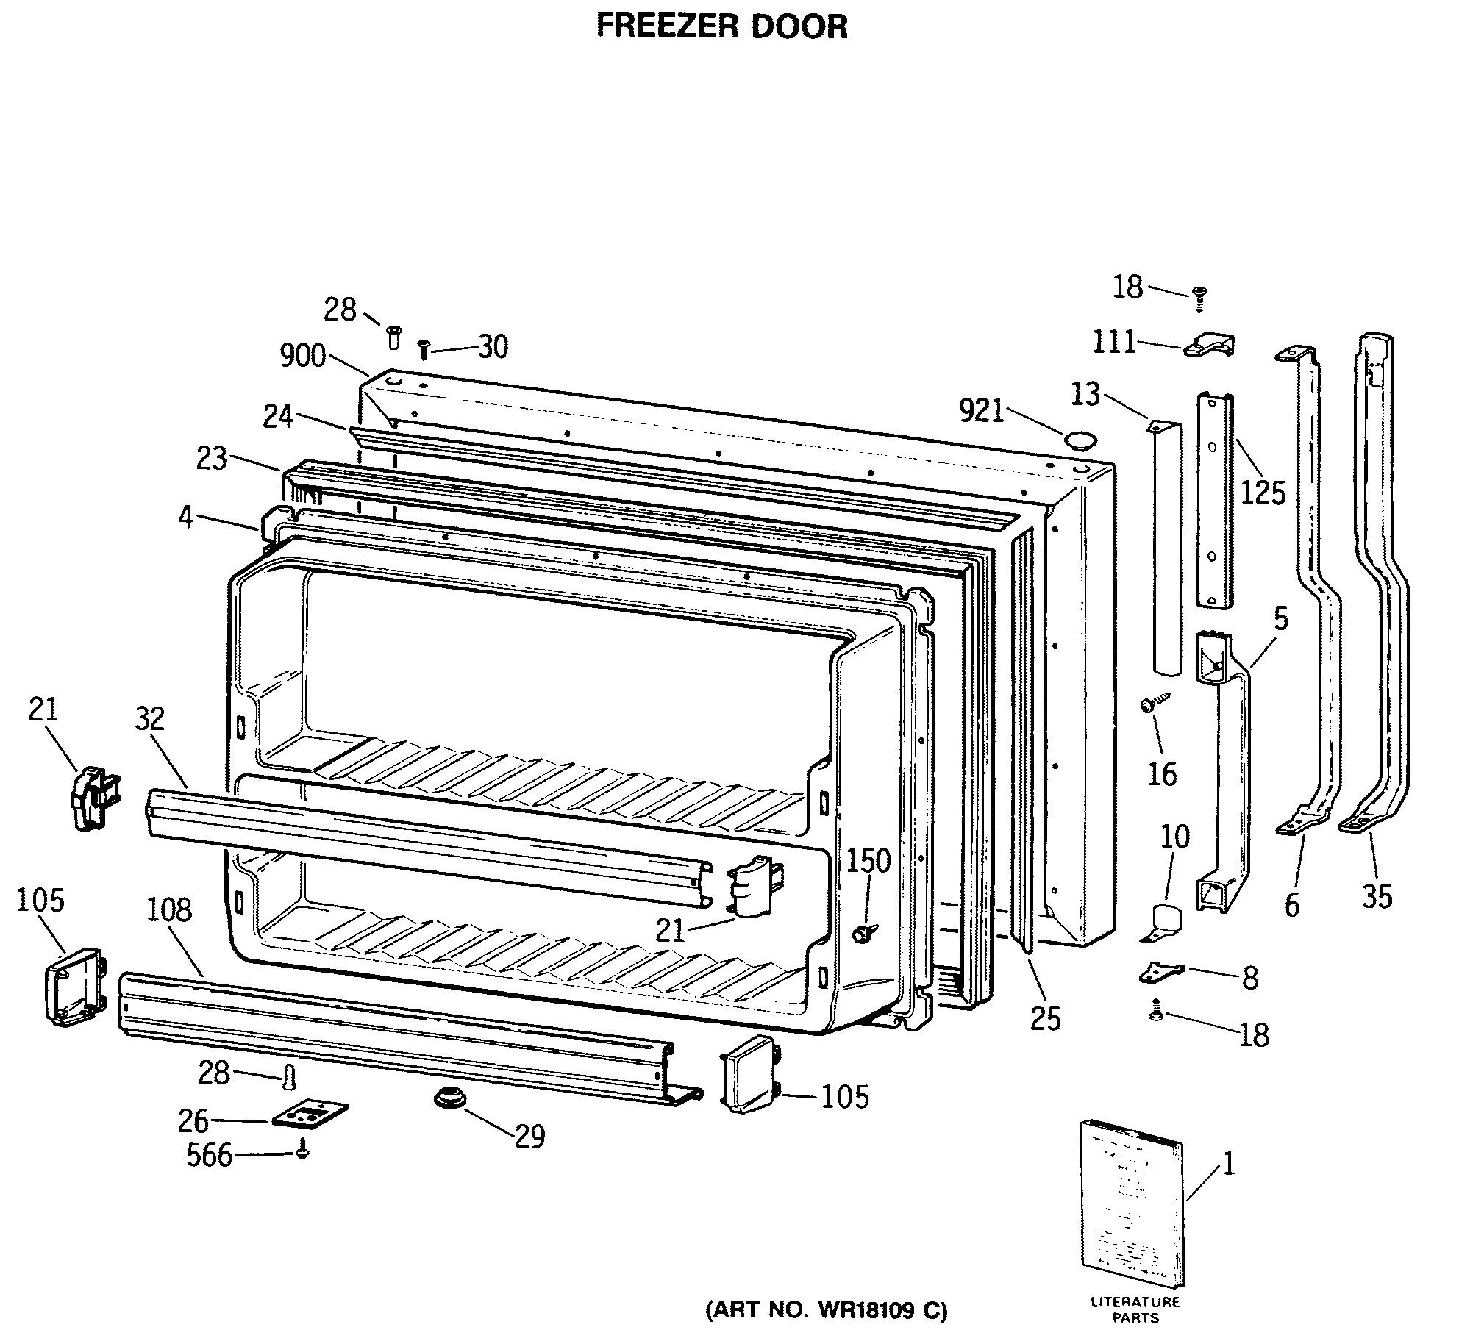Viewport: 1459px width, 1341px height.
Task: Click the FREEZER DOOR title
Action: (x=721, y=26)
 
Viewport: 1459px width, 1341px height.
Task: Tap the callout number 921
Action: (x=982, y=412)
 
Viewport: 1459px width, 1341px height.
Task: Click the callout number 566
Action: (x=209, y=1155)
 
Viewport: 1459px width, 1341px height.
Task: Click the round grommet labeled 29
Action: (x=450, y=1099)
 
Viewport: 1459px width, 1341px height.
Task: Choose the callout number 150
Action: (x=868, y=860)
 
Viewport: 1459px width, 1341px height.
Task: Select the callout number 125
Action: (x=1263, y=493)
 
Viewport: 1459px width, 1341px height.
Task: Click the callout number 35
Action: (x=1377, y=896)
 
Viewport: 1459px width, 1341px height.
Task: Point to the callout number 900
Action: (x=302, y=356)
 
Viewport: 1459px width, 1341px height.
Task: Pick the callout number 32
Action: (x=150, y=718)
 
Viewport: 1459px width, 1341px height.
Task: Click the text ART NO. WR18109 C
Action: (x=827, y=1310)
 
